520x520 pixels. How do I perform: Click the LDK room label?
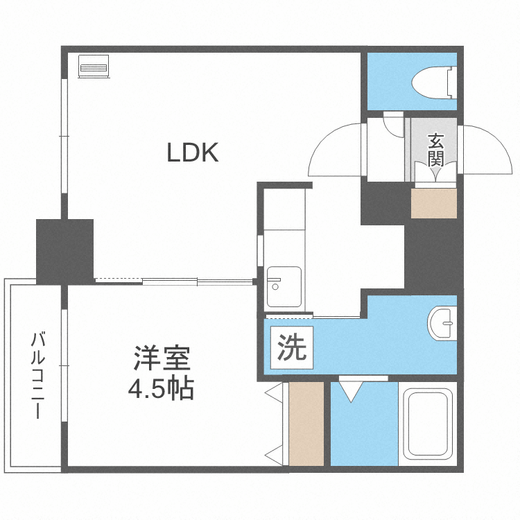coord(193,153)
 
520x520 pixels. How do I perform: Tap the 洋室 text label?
coord(162,361)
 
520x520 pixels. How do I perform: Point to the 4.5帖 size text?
coord(161,389)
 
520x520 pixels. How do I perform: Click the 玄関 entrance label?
coord(435,149)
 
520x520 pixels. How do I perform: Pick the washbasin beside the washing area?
coord(442,323)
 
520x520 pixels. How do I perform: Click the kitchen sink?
coord(284,286)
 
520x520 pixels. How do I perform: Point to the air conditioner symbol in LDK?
coord(94,68)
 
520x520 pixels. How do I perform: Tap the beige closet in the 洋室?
coord(306,424)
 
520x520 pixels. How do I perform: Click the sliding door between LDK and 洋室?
coord(198,281)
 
